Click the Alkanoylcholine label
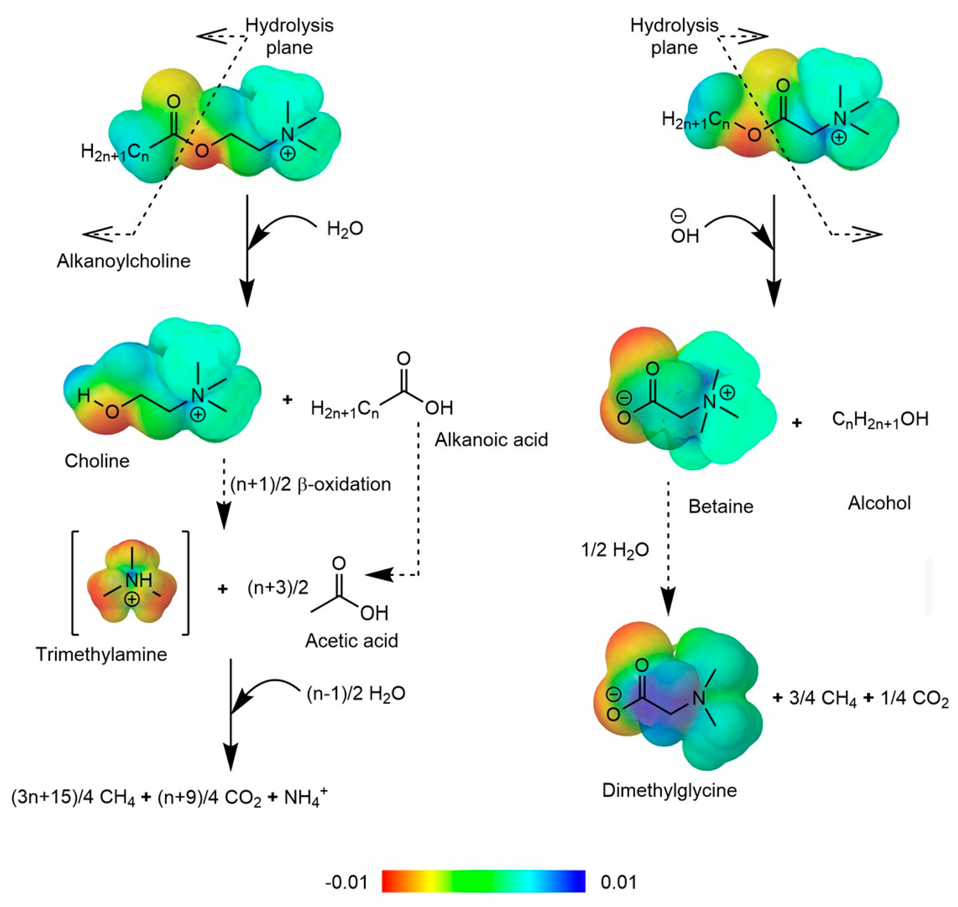pos(123,261)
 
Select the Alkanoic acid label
pos(491,439)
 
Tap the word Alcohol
pos(879,503)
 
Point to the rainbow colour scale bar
pos(483,881)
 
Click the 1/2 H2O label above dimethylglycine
pos(615,550)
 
